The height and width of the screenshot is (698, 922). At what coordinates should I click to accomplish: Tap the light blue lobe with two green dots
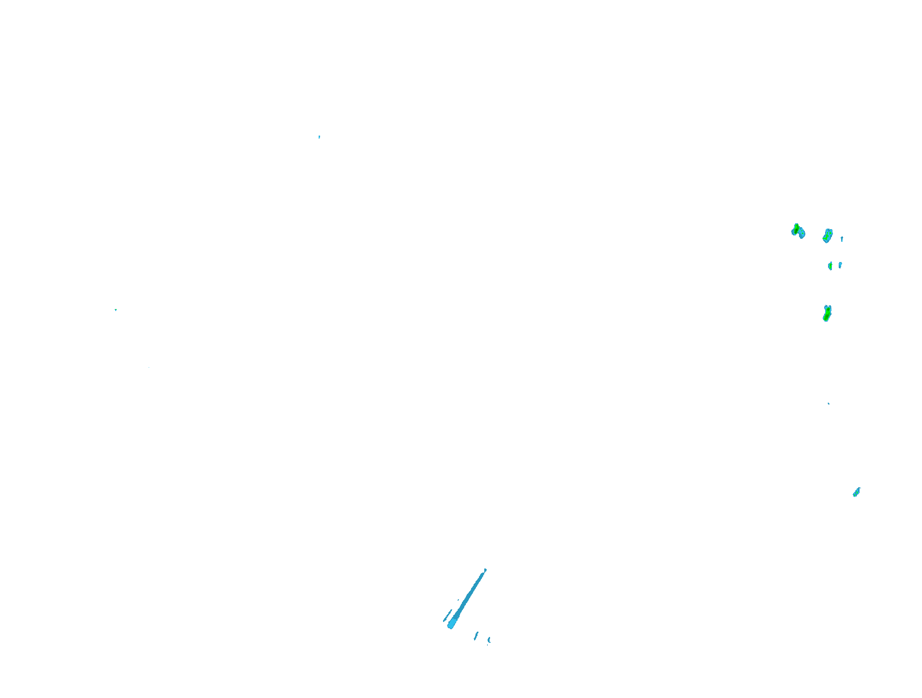click(801, 233)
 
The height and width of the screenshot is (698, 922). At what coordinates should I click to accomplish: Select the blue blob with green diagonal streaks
click(827, 236)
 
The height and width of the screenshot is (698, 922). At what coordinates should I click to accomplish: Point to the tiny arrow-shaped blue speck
click(842, 239)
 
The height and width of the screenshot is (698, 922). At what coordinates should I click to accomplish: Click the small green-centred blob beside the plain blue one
click(830, 265)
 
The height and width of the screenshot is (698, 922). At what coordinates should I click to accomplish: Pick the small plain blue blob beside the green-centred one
click(840, 265)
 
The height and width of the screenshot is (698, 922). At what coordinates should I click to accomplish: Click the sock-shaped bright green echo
click(827, 315)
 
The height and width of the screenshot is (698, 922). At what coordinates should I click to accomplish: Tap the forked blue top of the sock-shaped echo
click(828, 307)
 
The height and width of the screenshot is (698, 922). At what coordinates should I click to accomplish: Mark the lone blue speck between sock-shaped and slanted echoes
click(829, 403)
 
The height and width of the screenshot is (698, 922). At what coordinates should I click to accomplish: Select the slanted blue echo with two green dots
click(856, 492)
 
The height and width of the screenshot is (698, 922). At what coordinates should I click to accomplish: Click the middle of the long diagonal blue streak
click(468, 599)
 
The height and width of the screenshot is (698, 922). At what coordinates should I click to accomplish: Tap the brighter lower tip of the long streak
click(451, 625)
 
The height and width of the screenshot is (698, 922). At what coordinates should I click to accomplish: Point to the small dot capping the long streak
click(485, 570)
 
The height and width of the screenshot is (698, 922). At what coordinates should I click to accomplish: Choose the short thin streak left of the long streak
click(446, 617)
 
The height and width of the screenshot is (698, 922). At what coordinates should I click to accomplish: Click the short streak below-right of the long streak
click(476, 636)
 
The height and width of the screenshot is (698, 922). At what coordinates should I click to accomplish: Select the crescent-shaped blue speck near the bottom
click(489, 640)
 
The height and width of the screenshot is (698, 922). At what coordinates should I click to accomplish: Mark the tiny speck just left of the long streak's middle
click(458, 600)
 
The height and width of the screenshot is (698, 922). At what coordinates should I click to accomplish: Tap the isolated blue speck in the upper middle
click(319, 137)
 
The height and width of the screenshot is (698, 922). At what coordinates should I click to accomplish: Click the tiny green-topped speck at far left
click(116, 310)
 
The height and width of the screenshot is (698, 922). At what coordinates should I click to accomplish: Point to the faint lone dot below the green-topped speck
click(149, 367)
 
